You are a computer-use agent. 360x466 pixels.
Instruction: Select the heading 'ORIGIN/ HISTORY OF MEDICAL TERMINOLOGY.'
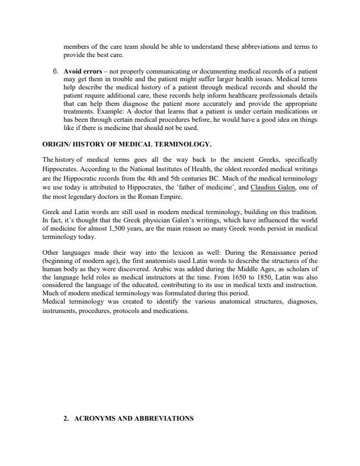click(127, 144)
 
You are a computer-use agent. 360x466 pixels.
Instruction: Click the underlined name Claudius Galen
click(273, 188)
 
